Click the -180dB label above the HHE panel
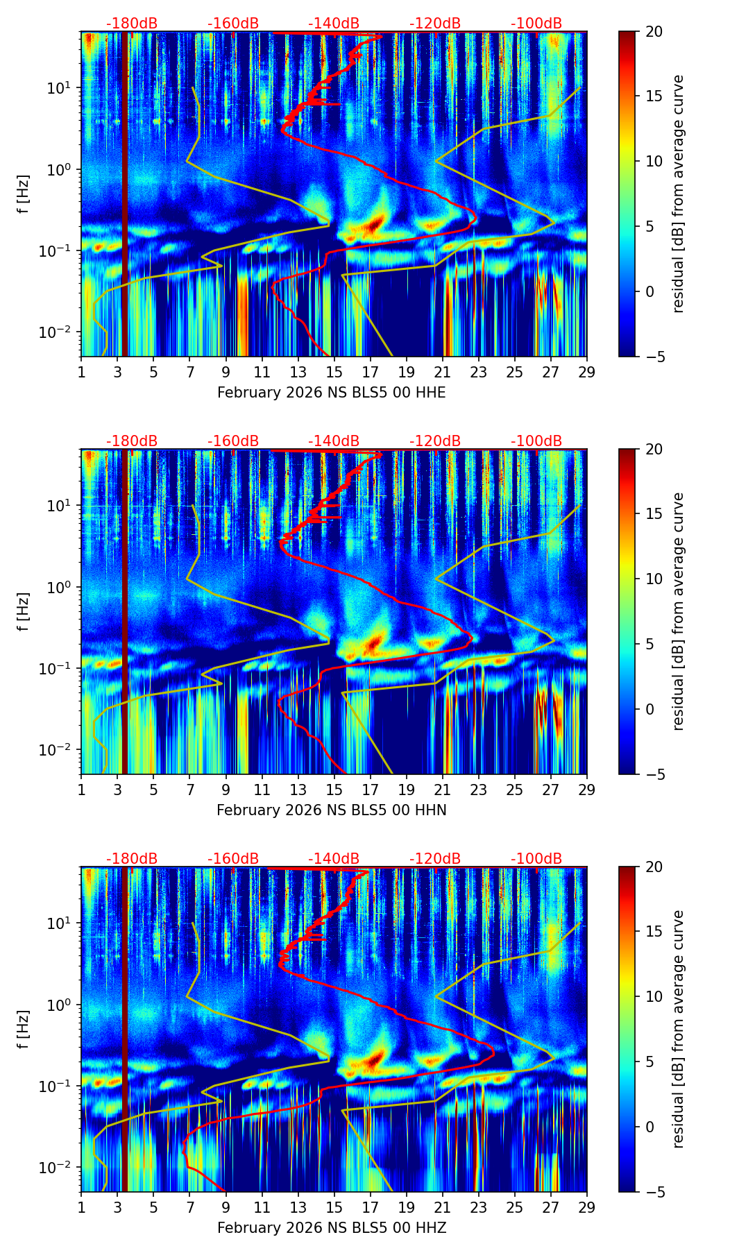tap(132, 24)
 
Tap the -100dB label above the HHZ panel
tap(536, 859)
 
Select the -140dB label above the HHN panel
tap(334, 441)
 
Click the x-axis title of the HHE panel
tap(331, 393)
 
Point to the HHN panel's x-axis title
tap(331, 810)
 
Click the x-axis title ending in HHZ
tap(331, 1228)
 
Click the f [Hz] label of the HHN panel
tap(23, 611)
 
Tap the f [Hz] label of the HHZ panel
tap(23, 1029)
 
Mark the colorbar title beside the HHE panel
tap(678, 194)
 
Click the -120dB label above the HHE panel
tap(435, 24)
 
